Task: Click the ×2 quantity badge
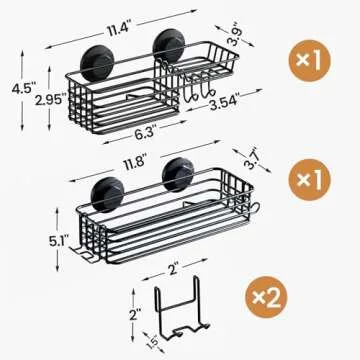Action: (275, 296)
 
